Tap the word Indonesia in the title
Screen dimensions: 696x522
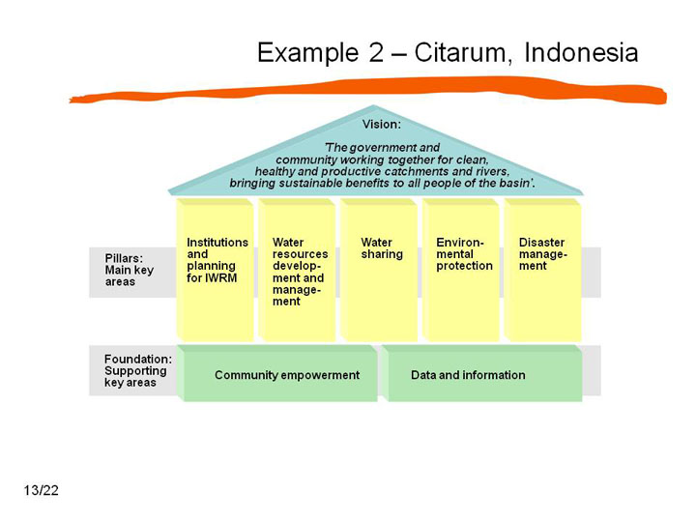tap(582, 52)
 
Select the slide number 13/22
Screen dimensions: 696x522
tap(42, 490)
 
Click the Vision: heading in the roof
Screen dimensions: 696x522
tap(381, 125)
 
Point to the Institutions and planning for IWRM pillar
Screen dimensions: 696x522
tap(216, 270)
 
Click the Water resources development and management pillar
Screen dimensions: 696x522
tap(297, 270)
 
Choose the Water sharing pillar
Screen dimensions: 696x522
tap(379, 270)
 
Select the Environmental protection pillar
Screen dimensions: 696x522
tap(461, 270)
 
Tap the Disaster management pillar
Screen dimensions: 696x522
tap(543, 270)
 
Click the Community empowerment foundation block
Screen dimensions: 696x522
tap(277, 374)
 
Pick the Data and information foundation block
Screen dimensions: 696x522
tap(482, 374)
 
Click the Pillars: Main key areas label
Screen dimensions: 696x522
tap(130, 270)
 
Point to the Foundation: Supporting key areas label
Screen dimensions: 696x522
tap(137, 370)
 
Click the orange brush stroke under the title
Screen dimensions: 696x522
tap(368, 91)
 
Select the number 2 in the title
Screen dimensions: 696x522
tap(376, 52)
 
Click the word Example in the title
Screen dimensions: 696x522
tap(308, 53)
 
